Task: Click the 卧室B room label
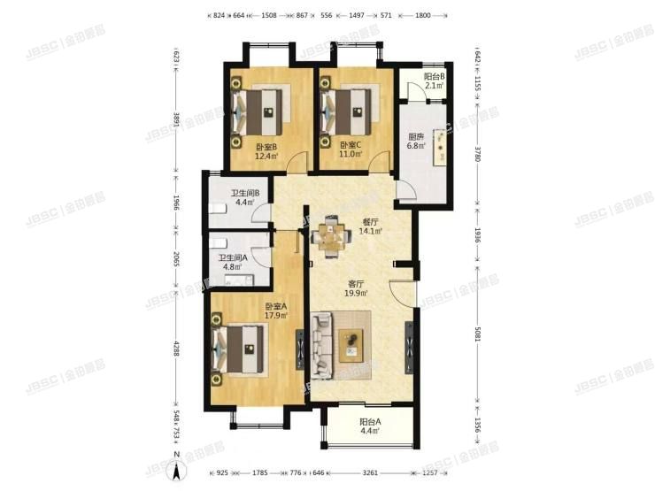coord(266,147)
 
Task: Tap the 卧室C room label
coord(351,147)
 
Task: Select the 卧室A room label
coord(275,308)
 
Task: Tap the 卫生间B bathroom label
coord(243,195)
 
